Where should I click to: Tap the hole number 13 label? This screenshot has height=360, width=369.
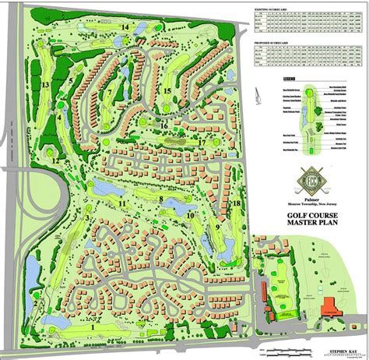click(47, 85)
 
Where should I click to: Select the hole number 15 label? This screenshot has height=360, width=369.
click(167, 91)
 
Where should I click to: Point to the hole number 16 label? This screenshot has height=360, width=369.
click(164, 124)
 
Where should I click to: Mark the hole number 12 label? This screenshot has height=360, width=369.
click(56, 161)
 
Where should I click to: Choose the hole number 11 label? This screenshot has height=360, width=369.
click(123, 203)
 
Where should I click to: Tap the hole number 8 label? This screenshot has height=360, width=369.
click(161, 199)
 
